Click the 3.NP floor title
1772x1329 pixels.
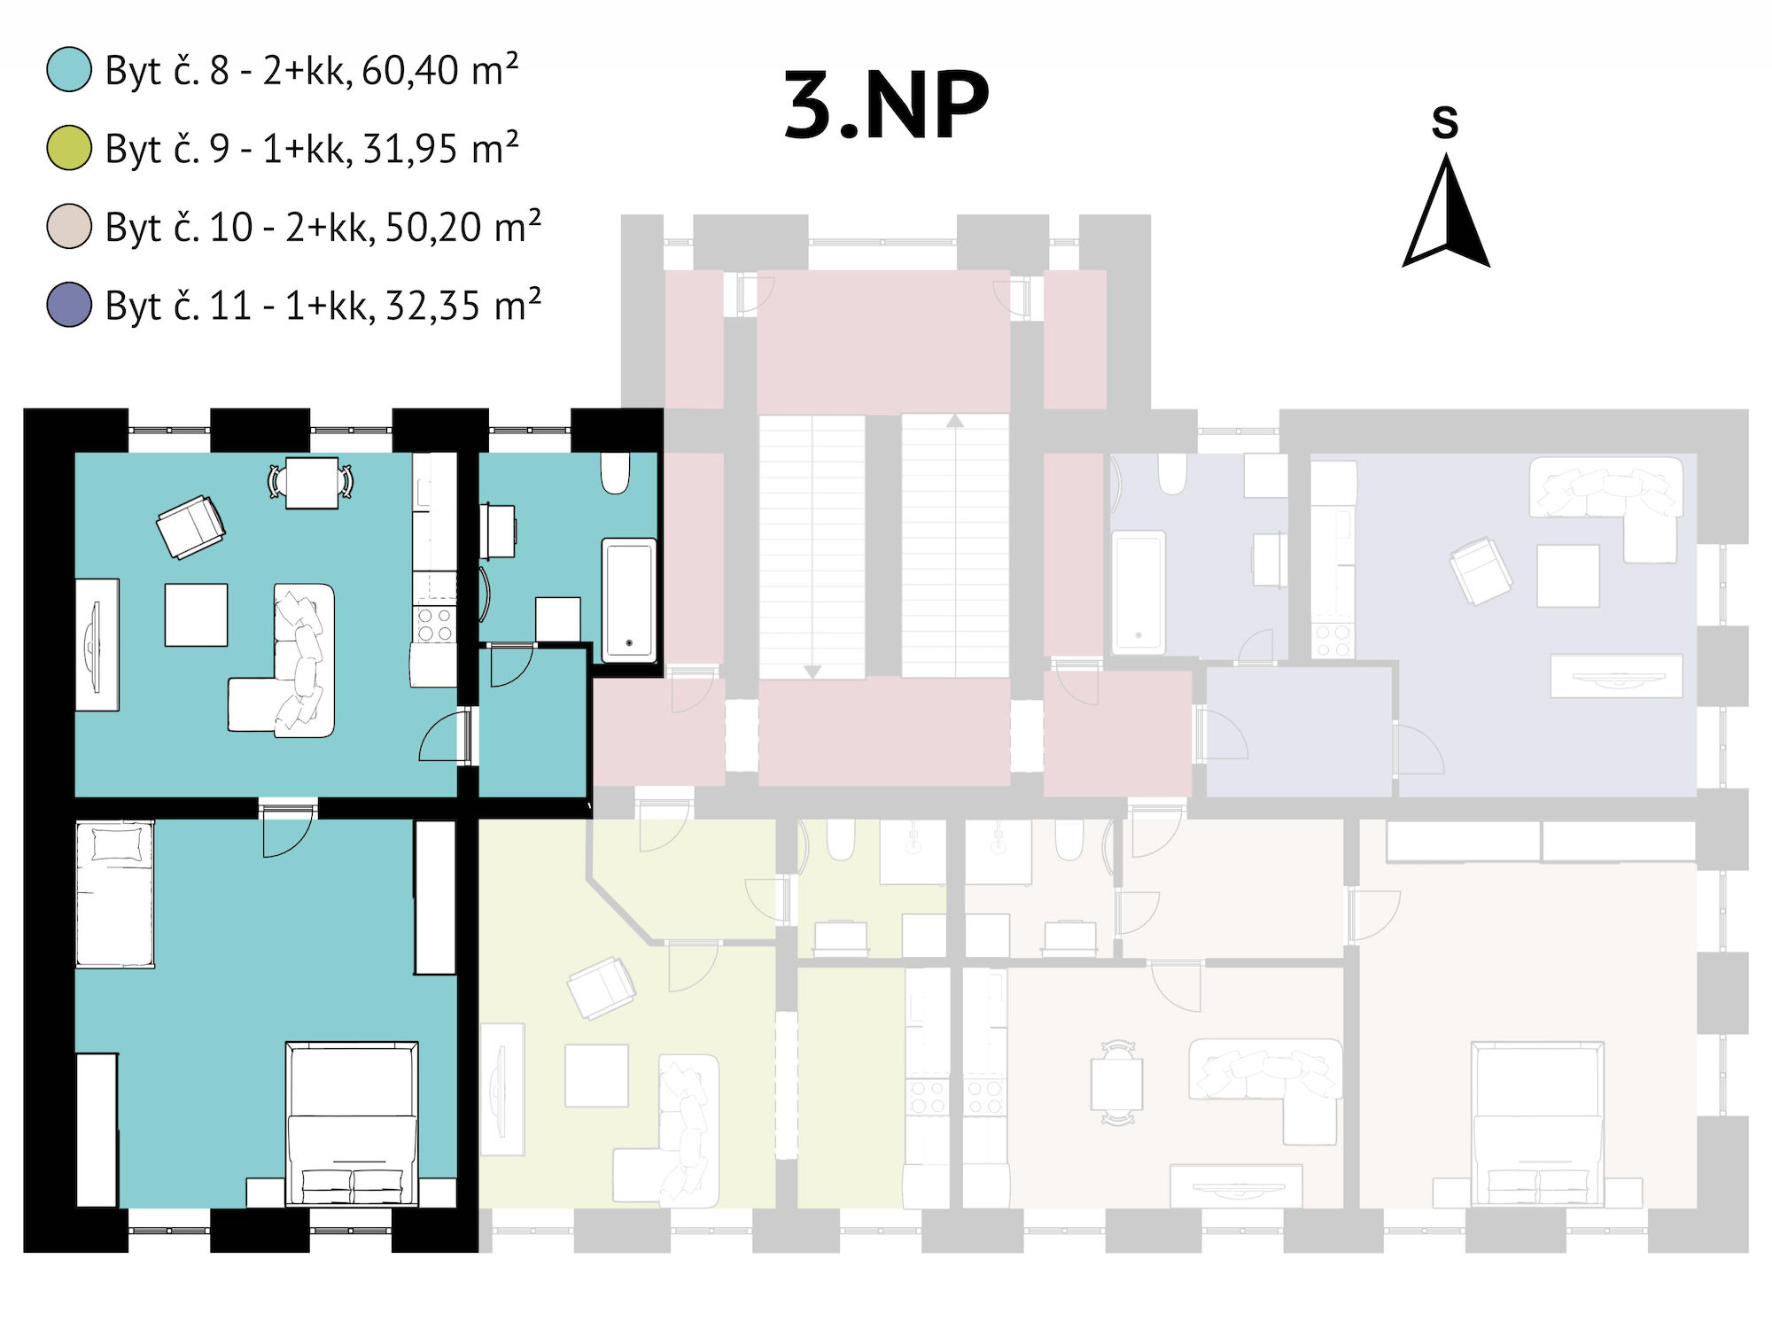tap(886, 105)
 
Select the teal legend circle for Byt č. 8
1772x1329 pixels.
tap(69, 69)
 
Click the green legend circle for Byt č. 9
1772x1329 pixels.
tap(69, 148)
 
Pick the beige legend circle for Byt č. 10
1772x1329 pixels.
tap(69, 226)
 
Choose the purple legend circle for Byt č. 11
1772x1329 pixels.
tap(69, 304)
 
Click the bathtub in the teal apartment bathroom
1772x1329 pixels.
tap(630, 600)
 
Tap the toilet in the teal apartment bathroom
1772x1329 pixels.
tap(615, 473)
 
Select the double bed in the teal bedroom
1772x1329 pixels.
tap(352, 1123)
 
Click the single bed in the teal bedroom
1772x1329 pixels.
tap(114, 893)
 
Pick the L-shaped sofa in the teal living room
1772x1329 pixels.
tap(282, 661)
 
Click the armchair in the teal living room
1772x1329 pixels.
tap(190, 527)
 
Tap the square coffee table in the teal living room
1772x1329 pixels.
tap(196, 614)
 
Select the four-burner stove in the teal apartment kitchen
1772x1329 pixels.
tap(435, 624)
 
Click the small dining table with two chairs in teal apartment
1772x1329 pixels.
tap(311, 482)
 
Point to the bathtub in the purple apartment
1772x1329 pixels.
tap(1139, 592)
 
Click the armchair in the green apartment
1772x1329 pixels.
tap(602, 988)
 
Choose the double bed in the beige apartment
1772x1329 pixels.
tap(1537, 1123)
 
